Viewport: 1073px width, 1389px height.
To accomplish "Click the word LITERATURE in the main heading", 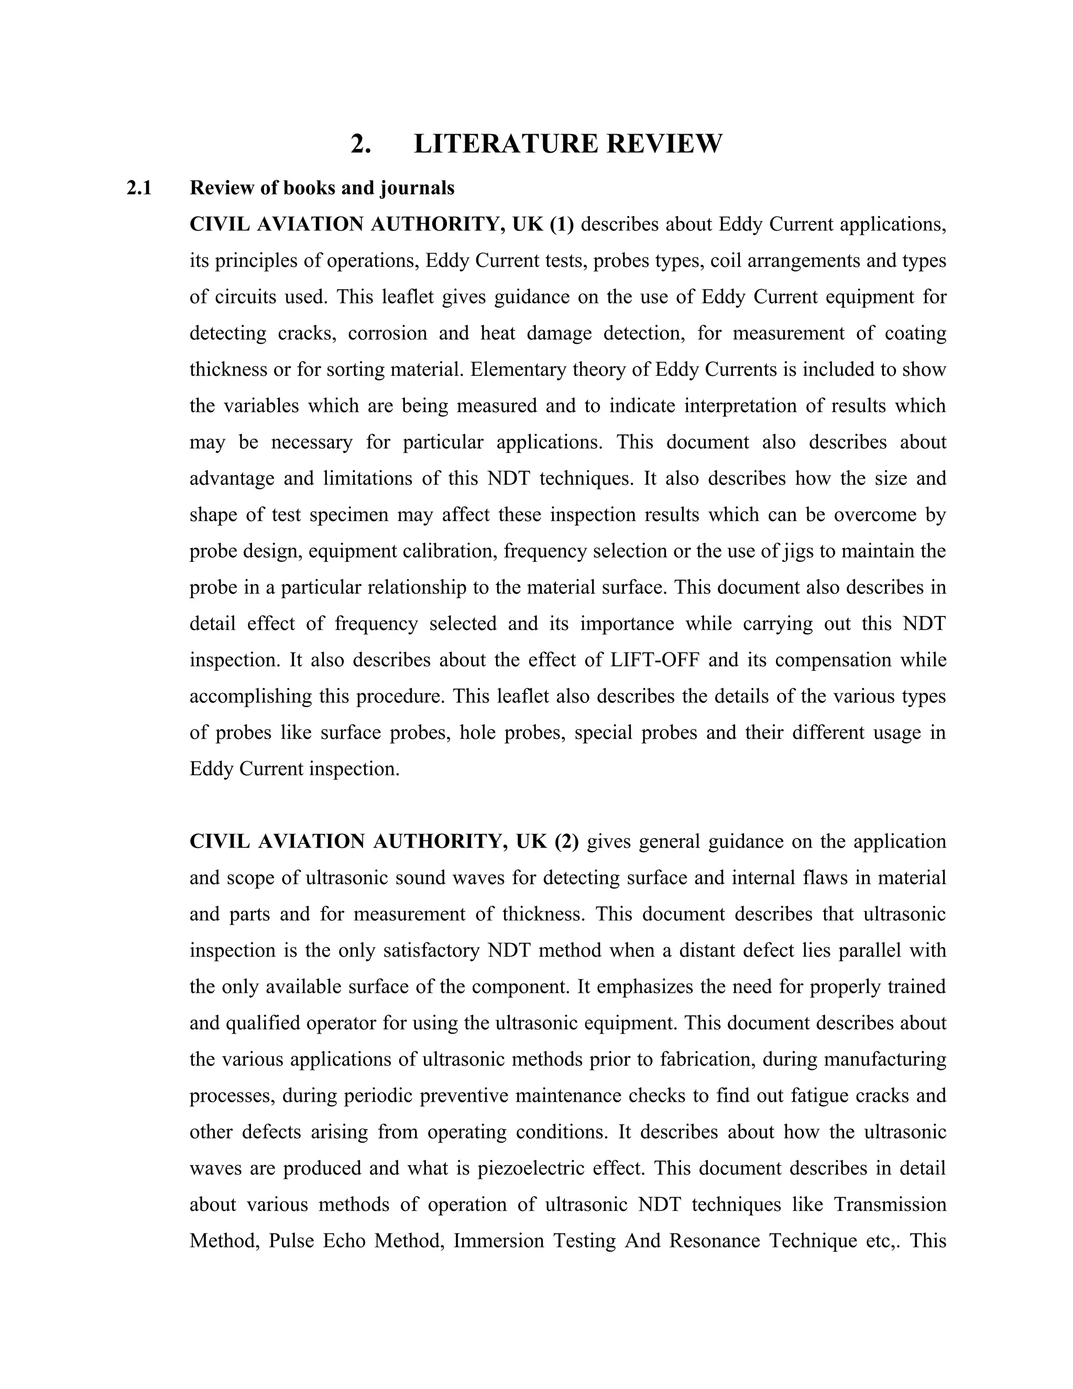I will pos(506,144).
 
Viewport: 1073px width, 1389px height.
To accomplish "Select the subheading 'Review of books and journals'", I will pos(322,188).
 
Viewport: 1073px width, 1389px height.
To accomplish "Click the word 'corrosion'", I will pos(387,333).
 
